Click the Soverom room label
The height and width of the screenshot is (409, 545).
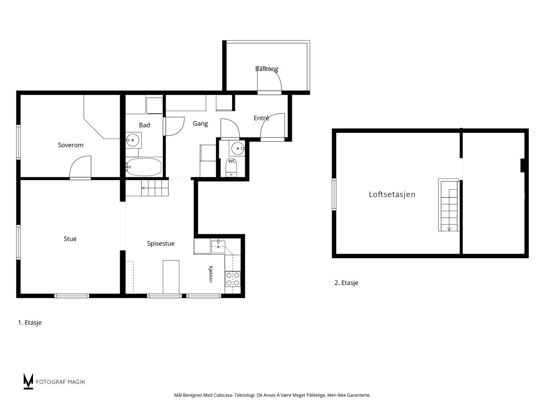71,145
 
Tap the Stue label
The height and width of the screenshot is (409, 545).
70,239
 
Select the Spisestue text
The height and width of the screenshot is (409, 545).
161,244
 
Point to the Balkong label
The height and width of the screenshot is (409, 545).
267,69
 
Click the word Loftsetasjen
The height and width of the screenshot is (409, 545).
392,194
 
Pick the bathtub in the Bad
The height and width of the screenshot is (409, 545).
144,167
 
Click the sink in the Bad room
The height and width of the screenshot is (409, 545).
133,140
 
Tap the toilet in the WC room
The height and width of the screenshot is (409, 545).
232,168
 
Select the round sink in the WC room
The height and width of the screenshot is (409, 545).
238,149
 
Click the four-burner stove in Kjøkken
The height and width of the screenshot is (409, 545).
233,279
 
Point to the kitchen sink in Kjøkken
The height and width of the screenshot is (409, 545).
218,246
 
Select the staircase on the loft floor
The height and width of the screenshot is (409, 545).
448,205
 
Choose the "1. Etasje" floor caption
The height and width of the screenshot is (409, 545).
30,323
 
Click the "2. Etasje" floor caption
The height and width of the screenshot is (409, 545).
347,283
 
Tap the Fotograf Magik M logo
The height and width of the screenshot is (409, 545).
28,381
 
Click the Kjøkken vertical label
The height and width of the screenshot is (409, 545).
211,274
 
